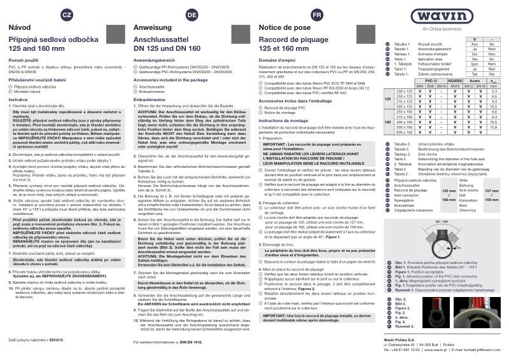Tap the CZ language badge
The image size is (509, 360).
(66, 14)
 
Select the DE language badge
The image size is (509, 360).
(192, 14)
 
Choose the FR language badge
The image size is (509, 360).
(316, 14)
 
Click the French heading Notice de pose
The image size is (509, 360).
(280, 29)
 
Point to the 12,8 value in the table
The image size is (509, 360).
(494, 127)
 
